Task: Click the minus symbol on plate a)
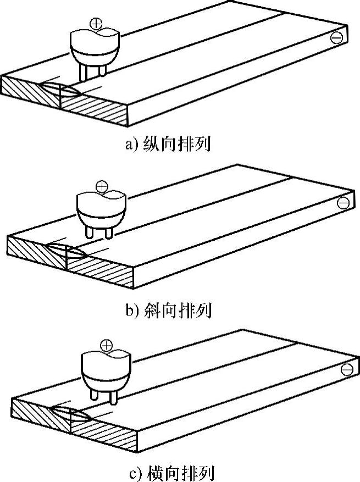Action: [336, 37]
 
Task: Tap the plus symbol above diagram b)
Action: [102, 186]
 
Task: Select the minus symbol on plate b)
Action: [343, 203]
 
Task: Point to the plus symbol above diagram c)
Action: [106, 346]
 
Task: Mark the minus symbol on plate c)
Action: [346, 369]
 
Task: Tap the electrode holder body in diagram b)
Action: [101, 209]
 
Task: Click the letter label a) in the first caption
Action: [131, 146]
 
